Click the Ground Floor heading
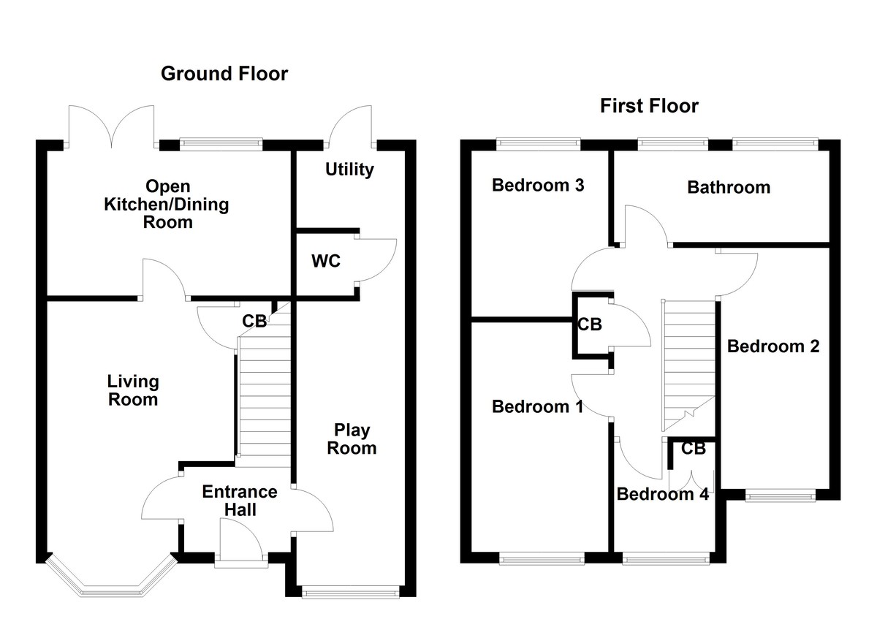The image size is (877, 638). point(224,73)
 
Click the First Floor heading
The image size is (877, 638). point(649,106)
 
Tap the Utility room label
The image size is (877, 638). point(349,170)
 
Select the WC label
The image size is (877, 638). point(326,261)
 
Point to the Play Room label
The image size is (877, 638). point(352,438)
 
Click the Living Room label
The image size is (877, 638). point(132,390)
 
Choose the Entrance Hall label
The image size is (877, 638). point(240,501)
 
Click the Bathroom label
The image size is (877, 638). point(729,187)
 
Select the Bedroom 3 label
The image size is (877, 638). point(538,185)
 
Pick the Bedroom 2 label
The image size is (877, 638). point(773,346)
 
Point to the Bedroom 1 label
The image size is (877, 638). point(538,406)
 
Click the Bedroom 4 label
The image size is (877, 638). point(663,494)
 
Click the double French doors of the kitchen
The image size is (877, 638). point(111,126)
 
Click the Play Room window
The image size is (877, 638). point(351,593)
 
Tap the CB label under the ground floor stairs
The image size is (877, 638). point(254,321)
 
